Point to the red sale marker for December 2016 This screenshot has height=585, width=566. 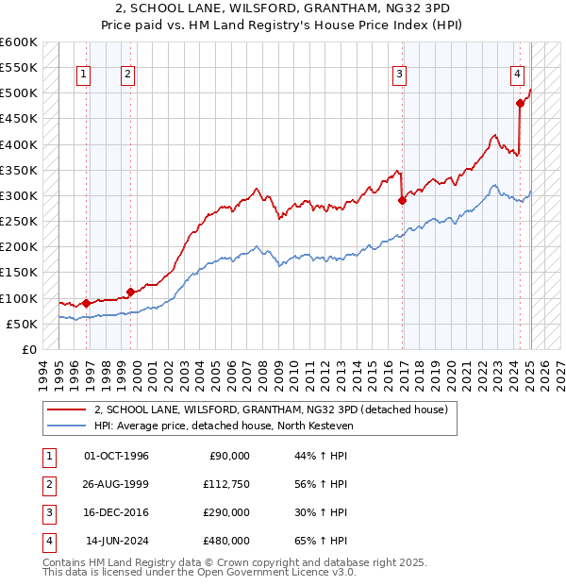(403, 200)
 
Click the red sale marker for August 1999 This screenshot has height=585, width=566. (130, 292)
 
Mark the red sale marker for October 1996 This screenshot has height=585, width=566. (86, 303)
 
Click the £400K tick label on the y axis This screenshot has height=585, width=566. (18, 144)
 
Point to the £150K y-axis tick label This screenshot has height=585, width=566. (18, 273)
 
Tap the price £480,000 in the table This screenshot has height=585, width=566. (226, 541)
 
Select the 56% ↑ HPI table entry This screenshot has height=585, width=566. (321, 484)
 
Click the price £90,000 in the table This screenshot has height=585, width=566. (229, 456)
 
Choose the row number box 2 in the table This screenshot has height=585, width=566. (48, 484)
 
